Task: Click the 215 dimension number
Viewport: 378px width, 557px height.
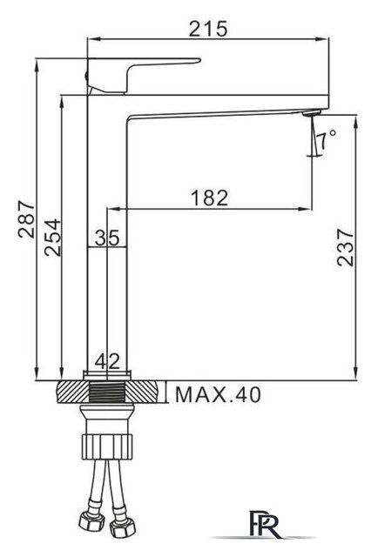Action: click(x=207, y=29)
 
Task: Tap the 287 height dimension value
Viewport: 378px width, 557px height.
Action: click(x=27, y=219)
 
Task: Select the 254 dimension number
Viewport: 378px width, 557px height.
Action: click(x=52, y=238)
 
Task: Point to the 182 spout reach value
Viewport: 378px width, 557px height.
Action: click(x=209, y=198)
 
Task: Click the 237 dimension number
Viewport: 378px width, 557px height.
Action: click(x=346, y=247)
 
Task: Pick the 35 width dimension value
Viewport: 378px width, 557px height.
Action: click(x=107, y=238)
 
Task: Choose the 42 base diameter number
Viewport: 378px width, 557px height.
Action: click(x=107, y=362)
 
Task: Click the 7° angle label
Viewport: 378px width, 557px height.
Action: click(x=326, y=139)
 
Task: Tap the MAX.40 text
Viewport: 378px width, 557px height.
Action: click(x=218, y=394)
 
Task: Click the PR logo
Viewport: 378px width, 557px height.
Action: click(x=264, y=524)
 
